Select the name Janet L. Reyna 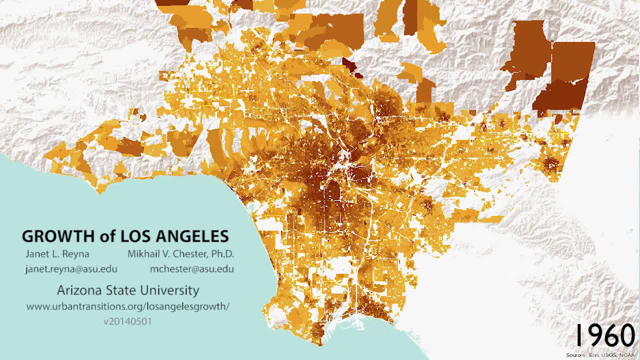[57, 253]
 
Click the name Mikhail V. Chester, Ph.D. [180, 253]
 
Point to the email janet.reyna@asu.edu [71, 269]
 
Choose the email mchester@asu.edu [192, 269]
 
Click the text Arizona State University [128, 290]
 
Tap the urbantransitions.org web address [128, 306]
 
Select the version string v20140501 [127, 321]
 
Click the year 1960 [605, 335]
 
